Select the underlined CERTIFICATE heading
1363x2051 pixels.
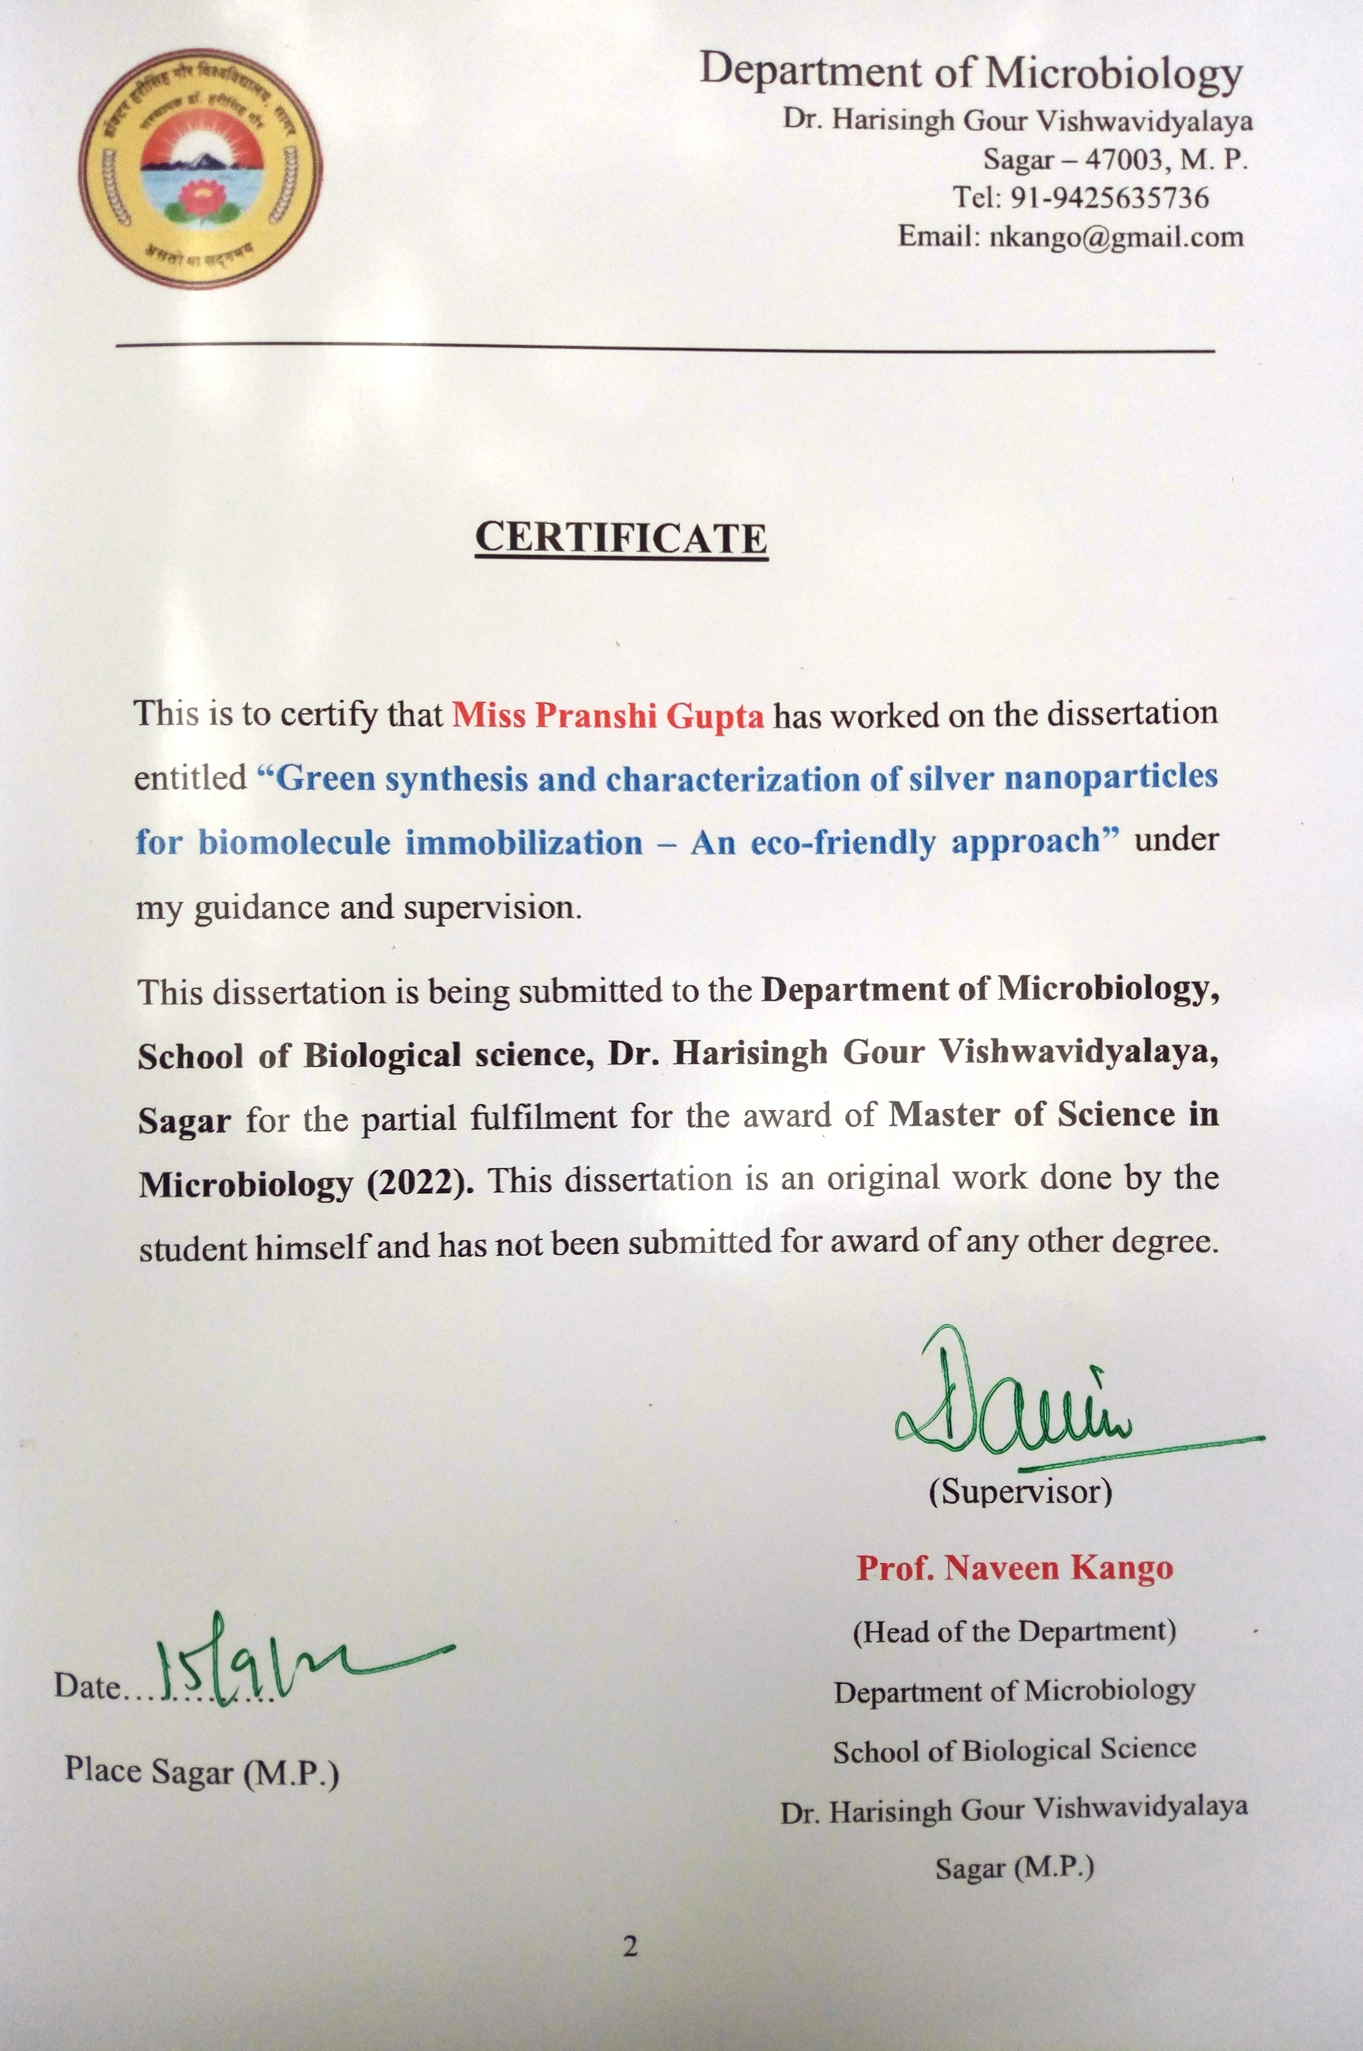coord(621,538)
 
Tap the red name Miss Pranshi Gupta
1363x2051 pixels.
coord(608,715)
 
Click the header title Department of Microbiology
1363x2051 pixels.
coord(971,71)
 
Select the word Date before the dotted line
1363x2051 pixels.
coord(86,1686)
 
